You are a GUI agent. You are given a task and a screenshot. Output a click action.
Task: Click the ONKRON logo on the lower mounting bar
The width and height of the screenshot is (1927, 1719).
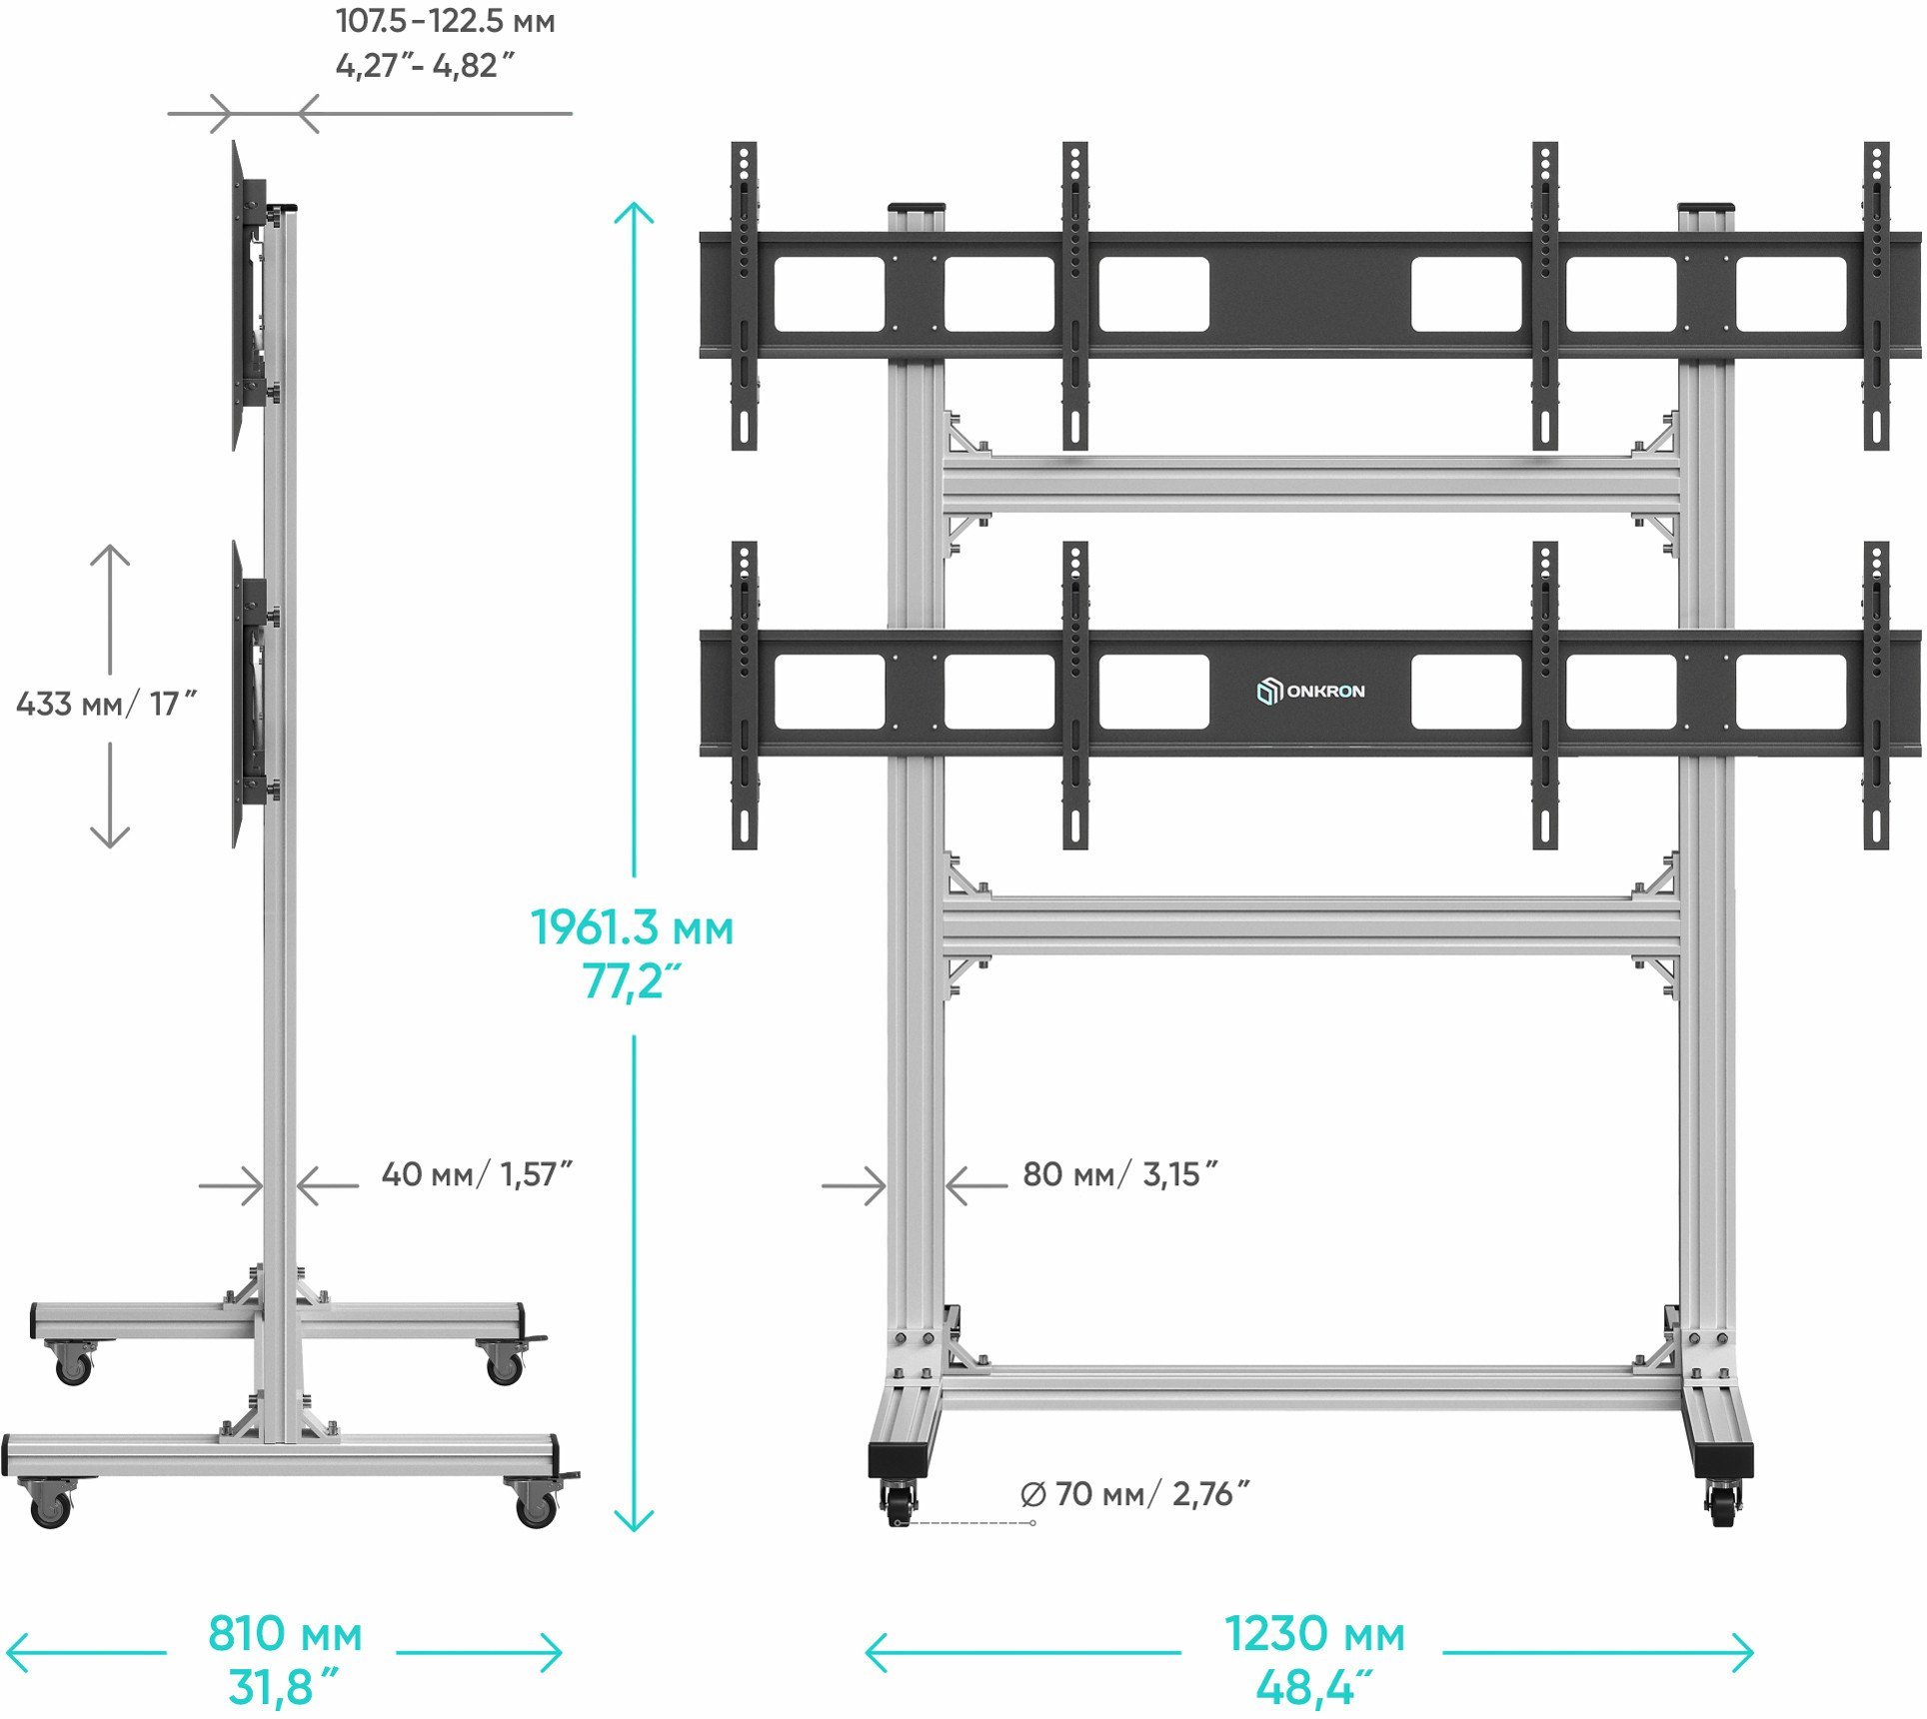pyautogui.click(x=1310, y=692)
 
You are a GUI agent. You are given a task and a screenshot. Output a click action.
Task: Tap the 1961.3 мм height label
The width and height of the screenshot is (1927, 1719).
pyautogui.click(x=632, y=928)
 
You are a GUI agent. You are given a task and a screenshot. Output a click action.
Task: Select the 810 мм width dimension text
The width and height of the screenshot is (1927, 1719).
pyautogui.click(x=285, y=1635)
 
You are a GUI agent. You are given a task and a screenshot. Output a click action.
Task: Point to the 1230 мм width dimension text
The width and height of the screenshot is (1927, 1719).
pyautogui.click(x=1314, y=1635)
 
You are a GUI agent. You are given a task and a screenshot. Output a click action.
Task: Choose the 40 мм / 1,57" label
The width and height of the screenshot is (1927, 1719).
pyautogui.click(x=477, y=1174)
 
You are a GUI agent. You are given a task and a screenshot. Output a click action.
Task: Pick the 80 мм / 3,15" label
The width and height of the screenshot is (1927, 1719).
pyautogui.click(x=1119, y=1174)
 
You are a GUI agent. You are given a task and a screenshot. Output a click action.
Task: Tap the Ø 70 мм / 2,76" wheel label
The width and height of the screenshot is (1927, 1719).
pyautogui.click(x=1134, y=1494)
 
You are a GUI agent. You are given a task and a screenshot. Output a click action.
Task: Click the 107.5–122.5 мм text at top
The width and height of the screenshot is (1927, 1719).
pyautogui.click(x=445, y=21)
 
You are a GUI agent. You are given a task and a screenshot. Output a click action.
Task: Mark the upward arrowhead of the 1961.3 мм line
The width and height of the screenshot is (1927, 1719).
pyautogui.click(x=634, y=211)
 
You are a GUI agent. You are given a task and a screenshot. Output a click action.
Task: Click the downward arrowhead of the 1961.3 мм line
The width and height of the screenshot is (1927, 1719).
pyautogui.click(x=634, y=1523)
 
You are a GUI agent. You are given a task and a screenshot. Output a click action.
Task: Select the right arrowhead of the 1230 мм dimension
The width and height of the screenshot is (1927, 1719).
pyautogui.click(x=1745, y=1653)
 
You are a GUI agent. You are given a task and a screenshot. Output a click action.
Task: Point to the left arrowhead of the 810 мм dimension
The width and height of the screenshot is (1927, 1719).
pyautogui.click(x=14, y=1652)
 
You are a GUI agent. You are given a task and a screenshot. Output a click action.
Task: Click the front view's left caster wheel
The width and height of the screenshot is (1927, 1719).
pyautogui.click(x=899, y=1503)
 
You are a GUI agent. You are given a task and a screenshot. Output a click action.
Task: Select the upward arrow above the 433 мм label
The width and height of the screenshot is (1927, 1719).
pyautogui.click(x=110, y=556)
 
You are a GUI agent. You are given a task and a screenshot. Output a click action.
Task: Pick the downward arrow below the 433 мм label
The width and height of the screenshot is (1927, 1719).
pyautogui.click(x=110, y=838)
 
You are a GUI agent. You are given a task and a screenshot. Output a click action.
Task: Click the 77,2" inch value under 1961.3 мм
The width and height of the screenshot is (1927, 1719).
pyautogui.click(x=631, y=982)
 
